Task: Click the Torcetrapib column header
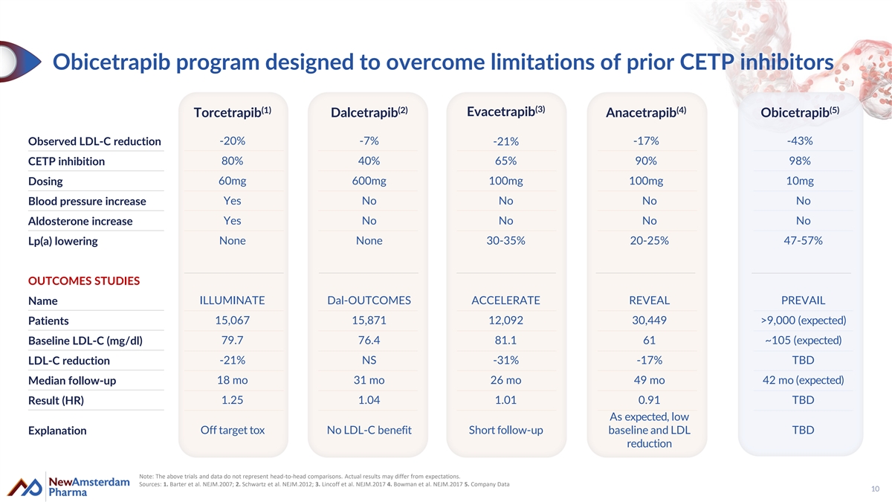click(233, 112)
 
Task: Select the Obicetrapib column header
click(800, 112)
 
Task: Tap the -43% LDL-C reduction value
click(800, 141)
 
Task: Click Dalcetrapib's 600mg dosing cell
click(369, 181)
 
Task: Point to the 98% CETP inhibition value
click(800, 161)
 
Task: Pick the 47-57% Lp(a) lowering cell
click(803, 240)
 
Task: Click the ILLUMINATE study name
click(232, 300)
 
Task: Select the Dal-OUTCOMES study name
click(369, 300)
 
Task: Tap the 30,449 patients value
click(649, 320)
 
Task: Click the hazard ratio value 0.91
click(649, 399)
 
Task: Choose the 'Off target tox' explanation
click(232, 430)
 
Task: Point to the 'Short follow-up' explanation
click(505, 430)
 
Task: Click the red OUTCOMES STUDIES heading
click(83, 281)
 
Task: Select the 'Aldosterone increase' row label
click(80, 221)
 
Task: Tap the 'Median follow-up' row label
click(71, 381)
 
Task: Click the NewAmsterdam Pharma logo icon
click(25, 487)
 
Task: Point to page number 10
click(876, 489)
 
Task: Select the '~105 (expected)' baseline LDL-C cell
click(803, 341)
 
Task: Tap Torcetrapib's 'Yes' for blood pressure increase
click(232, 200)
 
